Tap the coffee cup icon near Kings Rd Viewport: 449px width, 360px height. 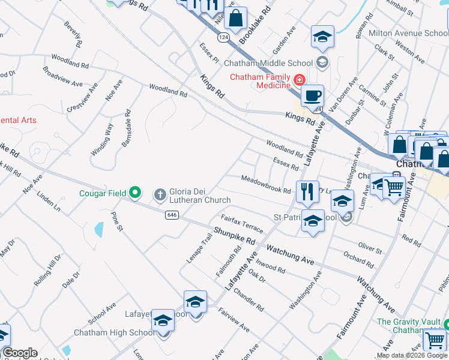pos(312,96)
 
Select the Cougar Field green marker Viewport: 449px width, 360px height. pos(136,193)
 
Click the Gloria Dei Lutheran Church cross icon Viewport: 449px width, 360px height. pos(160,194)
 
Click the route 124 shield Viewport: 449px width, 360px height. pos(223,37)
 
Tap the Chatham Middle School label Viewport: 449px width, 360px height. pos(268,63)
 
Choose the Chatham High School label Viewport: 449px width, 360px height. pos(114,333)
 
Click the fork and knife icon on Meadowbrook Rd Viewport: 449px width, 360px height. pos(307,192)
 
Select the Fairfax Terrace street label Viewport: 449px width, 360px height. pos(242,224)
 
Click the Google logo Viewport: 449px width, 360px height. pos(19,353)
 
